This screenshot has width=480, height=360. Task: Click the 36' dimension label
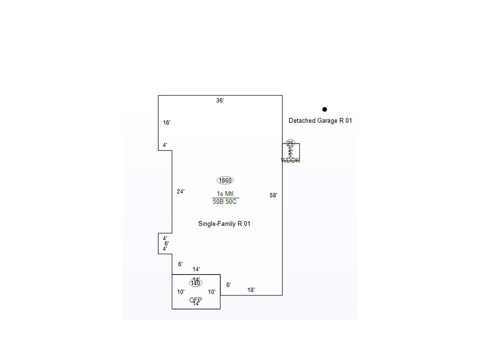coord(220,100)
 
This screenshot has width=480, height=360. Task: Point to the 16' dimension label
coord(166,122)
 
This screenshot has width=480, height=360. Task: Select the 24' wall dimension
coord(180,191)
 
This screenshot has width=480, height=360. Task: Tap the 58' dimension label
coord(273,195)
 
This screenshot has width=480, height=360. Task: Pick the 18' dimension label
coord(251,290)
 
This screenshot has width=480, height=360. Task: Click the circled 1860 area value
coord(225,180)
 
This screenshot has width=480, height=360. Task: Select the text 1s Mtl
coord(225,194)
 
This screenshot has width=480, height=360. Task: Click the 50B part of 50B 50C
coord(218,201)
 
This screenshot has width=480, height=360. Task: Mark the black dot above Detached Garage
coord(324,109)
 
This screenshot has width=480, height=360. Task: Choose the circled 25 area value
coord(290,143)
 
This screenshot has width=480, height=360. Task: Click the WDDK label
coord(290,160)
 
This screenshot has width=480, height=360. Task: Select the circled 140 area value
coord(195,283)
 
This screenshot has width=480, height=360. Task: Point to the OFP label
coord(195,300)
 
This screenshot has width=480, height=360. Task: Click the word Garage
coord(327,120)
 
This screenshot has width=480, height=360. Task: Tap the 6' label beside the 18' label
coord(228,285)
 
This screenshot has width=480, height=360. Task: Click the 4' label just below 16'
coord(165,145)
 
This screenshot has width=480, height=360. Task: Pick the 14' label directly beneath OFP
coord(196,304)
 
